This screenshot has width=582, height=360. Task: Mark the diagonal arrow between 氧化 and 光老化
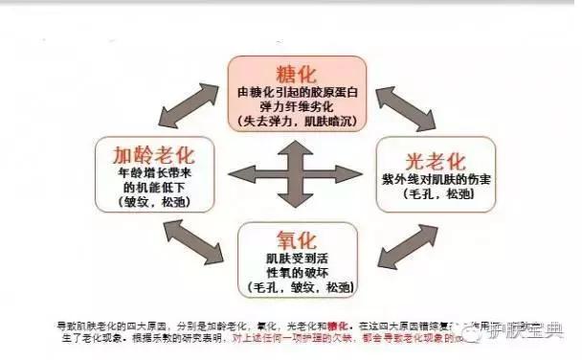[392, 246]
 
